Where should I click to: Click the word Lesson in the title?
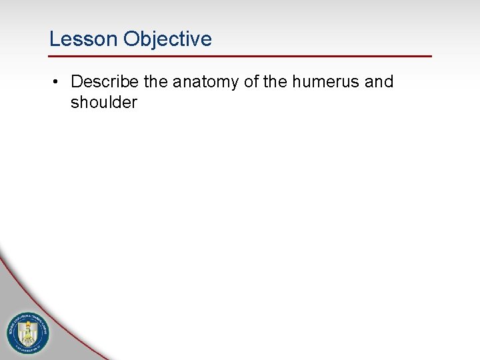click(83, 39)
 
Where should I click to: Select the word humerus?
click(324, 82)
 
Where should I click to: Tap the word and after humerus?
click(379, 82)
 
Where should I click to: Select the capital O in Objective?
click(131, 39)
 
